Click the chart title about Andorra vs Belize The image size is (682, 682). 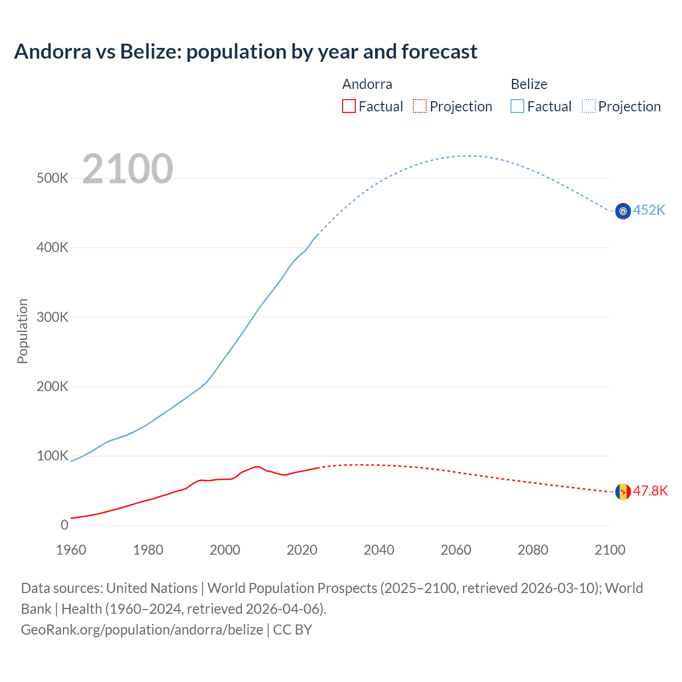pyautogui.click(x=246, y=52)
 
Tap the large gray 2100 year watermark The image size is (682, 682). pyautogui.click(x=127, y=169)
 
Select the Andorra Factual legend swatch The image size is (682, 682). pyautogui.click(x=348, y=106)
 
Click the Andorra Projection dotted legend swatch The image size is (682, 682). pyautogui.click(x=420, y=106)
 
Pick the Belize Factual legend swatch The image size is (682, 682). pyautogui.click(x=517, y=106)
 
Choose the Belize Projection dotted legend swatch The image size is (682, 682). pyautogui.click(x=588, y=106)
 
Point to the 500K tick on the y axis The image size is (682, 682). pyautogui.click(x=52, y=178)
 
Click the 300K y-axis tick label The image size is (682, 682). pyautogui.click(x=52, y=317)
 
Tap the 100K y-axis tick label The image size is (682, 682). pyautogui.click(x=52, y=456)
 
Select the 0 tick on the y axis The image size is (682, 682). pyautogui.click(x=64, y=525)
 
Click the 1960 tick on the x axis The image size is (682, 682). pyautogui.click(x=71, y=550)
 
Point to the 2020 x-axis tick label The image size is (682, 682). pyautogui.click(x=302, y=550)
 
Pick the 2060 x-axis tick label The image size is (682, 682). pyautogui.click(x=456, y=550)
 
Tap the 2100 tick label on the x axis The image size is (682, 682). pyautogui.click(x=610, y=550)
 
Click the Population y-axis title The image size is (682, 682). pyautogui.click(x=22, y=331)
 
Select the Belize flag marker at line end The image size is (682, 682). pyautogui.click(x=623, y=211)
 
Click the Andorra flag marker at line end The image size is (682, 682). pyautogui.click(x=623, y=492)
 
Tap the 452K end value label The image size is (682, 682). pyautogui.click(x=649, y=210)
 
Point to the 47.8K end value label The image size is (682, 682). pyautogui.click(x=650, y=491)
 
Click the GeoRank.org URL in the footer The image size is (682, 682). pyautogui.click(x=142, y=630)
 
